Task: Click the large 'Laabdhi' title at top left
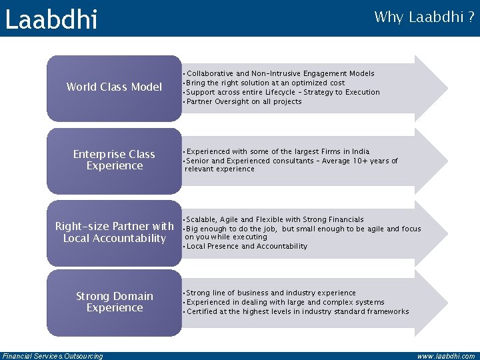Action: pos(51,19)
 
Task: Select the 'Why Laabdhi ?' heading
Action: pos(424,17)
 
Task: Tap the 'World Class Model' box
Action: pos(114,87)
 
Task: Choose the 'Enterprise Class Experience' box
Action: pos(114,160)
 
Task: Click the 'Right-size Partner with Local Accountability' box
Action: pos(114,233)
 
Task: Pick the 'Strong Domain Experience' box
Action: pos(114,302)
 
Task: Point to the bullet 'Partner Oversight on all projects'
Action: pos(244,102)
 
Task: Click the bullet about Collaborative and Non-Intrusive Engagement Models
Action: pos(280,73)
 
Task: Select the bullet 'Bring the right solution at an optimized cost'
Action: pos(265,83)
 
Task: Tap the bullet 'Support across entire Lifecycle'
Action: pos(283,92)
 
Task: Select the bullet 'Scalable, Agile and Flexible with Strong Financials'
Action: pos(275,219)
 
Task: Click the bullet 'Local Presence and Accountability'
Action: pos(247,246)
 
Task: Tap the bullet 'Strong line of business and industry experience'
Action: pos(271,293)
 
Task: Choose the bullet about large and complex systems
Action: pos(285,302)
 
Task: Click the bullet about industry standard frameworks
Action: pos(297,311)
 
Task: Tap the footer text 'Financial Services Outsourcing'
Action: pos(53,356)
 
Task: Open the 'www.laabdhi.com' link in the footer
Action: pos(445,356)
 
